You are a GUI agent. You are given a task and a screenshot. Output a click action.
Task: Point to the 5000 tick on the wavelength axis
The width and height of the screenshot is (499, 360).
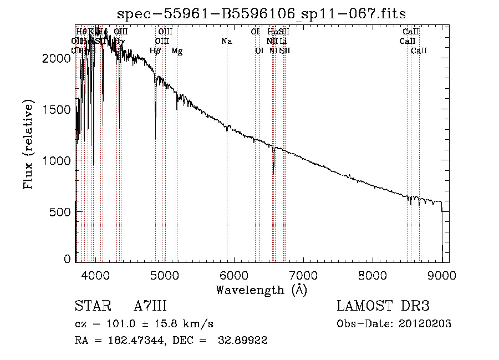pyautogui.click(x=165, y=275)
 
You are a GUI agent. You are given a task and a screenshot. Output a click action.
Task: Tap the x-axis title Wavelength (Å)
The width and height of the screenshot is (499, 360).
pyautogui.click(x=261, y=290)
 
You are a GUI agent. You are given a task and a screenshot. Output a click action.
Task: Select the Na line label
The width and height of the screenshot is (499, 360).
pyautogui.click(x=226, y=42)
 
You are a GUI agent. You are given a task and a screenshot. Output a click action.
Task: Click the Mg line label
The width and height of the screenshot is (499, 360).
pyautogui.click(x=177, y=51)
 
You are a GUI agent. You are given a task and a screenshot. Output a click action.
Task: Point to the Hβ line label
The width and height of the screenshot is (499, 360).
pyautogui.click(x=155, y=51)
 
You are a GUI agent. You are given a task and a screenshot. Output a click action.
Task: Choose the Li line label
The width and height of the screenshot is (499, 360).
pyautogui.click(x=283, y=42)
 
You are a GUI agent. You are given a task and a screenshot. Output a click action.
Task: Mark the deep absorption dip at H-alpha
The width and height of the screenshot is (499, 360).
pyautogui.click(x=273, y=166)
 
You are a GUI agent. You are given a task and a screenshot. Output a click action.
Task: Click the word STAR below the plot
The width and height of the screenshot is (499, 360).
pyautogui.click(x=91, y=306)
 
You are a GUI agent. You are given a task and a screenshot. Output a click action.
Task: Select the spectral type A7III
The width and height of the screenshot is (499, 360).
pyautogui.click(x=150, y=306)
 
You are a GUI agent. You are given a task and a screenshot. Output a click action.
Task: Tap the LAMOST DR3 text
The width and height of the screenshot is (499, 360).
pyautogui.click(x=383, y=306)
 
